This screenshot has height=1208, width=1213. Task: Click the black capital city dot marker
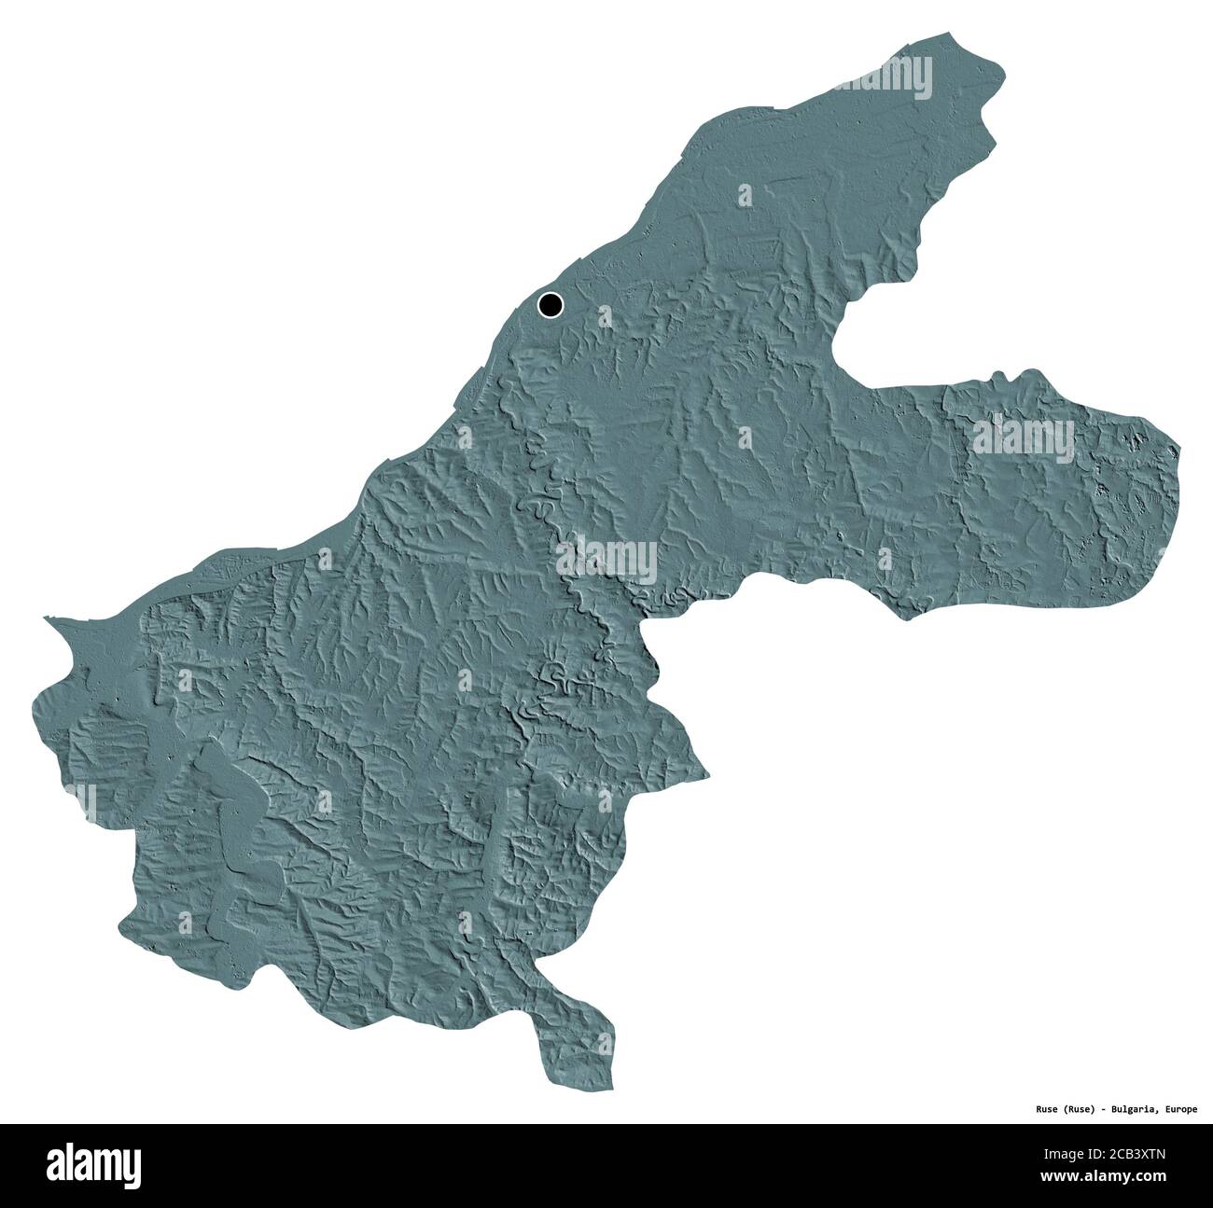[551, 303]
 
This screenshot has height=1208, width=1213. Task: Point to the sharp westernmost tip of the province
[47, 618]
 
